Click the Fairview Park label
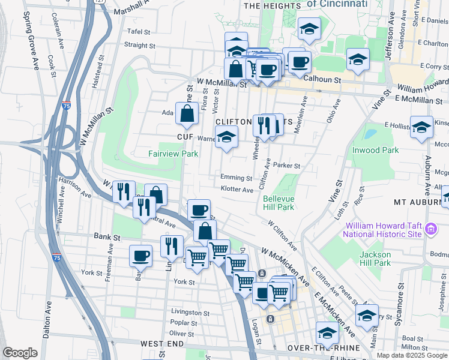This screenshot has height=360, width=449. [173, 154]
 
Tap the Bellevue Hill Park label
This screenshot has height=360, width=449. [278, 203]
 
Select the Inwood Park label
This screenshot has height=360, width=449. [376, 150]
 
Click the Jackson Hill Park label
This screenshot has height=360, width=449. [375, 259]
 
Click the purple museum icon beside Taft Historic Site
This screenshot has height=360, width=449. [430, 229]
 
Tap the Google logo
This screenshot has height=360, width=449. [20, 353]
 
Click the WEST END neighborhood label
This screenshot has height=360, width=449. [161, 344]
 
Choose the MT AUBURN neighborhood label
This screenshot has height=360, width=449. [417, 202]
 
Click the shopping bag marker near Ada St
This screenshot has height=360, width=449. [187, 113]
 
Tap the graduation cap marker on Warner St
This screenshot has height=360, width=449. [226, 137]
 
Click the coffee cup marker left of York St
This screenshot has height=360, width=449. [141, 256]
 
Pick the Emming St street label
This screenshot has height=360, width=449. [236, 178]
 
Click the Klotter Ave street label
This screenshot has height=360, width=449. [237, 190]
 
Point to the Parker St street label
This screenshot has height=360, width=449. [286, 166]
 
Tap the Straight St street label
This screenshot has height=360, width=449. [139, 45]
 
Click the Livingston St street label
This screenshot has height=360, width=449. [190, 313]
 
